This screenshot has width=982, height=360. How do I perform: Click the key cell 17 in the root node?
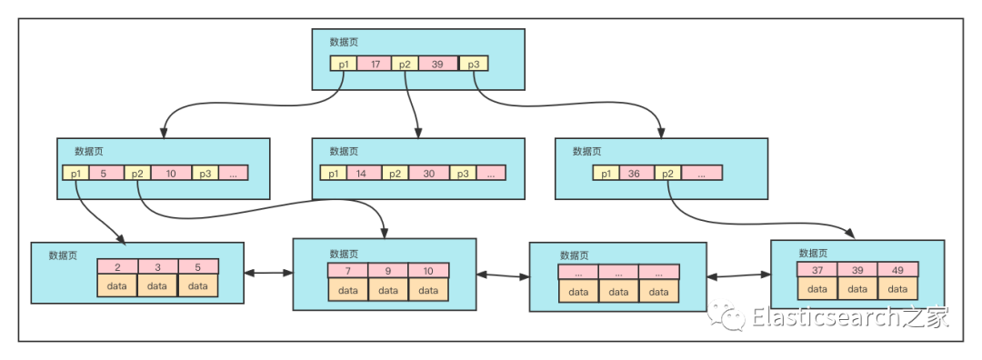pos(376,64)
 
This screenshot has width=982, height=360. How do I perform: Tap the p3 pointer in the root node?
pos(474,64)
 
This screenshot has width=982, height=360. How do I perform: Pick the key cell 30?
pos(429,174)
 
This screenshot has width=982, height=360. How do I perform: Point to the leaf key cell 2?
pos(117,266)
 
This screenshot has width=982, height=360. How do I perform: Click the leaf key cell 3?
pos(158,266)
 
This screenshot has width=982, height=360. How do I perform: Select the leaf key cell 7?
pos(348,271)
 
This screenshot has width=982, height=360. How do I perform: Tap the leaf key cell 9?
pos(388,271)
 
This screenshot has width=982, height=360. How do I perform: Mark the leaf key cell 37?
pos(817,269)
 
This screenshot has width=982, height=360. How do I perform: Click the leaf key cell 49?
pos(897,269)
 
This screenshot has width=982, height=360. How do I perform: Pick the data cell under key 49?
pos(897,288)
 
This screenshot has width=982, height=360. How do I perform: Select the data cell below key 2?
pos(117,285)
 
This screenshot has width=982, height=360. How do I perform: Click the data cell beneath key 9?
pos(388,290)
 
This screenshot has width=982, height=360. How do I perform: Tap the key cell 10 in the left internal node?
pos(171,174)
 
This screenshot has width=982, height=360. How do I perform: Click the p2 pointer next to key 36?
pos(668,174)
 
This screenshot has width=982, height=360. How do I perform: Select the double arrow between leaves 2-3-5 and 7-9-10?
pos(268,273)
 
